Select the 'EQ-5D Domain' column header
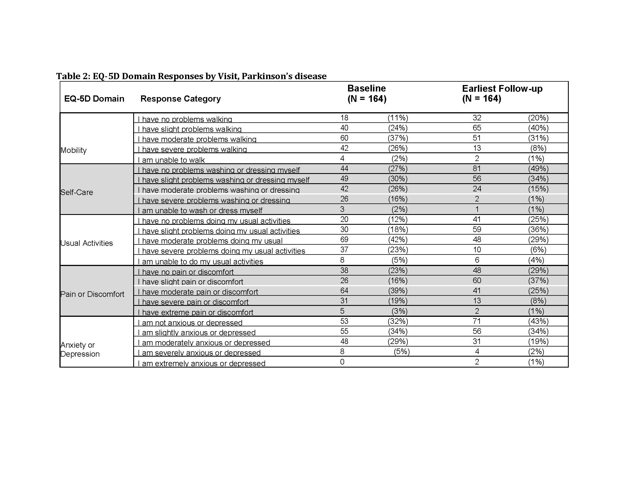point(94,98)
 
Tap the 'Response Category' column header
point(180,98)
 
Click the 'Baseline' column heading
point(367,88)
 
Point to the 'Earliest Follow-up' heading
point(502,89)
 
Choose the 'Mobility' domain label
point(73,150)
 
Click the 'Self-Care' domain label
point(77,192)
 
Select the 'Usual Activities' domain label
point(86,243)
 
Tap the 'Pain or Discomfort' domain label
point(92,294)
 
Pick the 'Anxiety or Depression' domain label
point(80,350)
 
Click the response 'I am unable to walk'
point(171,160)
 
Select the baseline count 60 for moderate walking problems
point(344,138)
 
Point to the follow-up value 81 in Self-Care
point(476,169)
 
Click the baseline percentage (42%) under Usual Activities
point(397,240)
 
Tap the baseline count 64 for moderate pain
point(344,291)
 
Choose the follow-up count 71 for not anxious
point(476,321)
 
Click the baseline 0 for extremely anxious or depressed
point(342,362)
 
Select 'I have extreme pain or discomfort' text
point(195,312)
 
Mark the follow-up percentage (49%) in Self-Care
point(538,169)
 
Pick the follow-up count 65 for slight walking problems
point(476,128)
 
